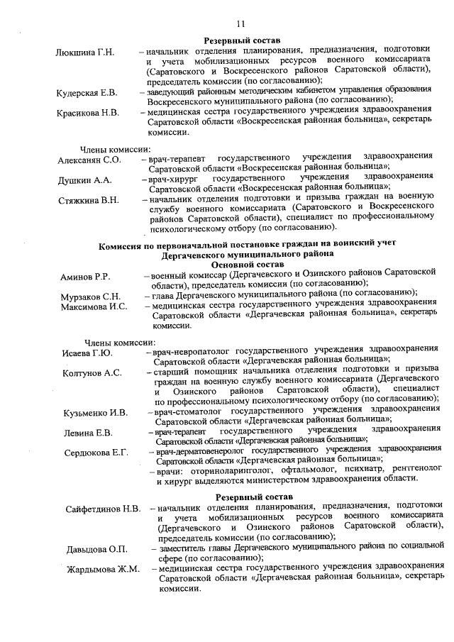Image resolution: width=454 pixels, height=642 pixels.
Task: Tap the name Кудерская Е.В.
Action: click(x=87, y=93)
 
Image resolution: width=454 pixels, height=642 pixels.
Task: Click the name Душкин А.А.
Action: click(x=84, y=180)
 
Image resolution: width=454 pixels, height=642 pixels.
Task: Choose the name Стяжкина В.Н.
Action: click(x=89, y=201)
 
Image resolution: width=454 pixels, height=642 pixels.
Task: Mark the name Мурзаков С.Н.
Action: click(x=90, y=296)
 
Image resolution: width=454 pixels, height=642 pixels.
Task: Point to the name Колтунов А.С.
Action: click(x=92, y=372)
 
